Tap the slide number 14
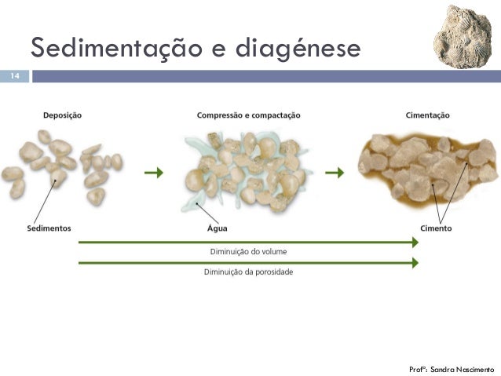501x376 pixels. click(x=14, y=77)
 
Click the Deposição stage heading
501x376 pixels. click(x=62, y=115)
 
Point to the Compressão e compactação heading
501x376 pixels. click(x=248, y=115)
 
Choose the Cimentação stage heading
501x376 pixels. click(x=428, y=115)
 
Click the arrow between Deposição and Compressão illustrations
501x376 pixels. click(x=155, y=173)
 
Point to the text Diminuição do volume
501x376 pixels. click(x=248, y=252)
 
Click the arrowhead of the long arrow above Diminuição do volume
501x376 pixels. click(x=414, y=243)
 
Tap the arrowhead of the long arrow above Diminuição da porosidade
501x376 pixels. click(x=414, y=263)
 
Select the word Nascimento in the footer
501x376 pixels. click(x=477, y=367)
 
